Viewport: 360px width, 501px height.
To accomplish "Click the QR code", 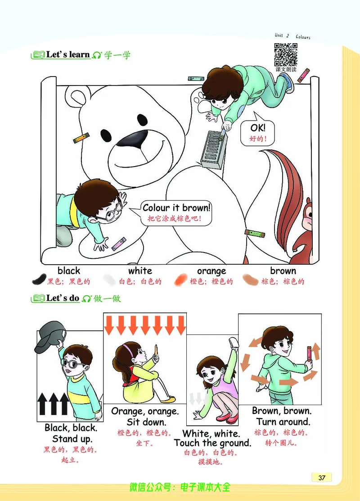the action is click(x=286, y=54).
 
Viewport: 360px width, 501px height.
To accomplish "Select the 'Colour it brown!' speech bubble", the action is click(x=175, y=213).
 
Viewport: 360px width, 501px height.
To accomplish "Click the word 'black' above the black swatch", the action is click(x=69, y=271).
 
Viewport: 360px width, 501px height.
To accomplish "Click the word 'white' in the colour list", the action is click(x=140, y=271).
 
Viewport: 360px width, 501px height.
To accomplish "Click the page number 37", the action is click(x=322, y=477).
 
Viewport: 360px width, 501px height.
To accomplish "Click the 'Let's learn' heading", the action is click(x=67, y=54).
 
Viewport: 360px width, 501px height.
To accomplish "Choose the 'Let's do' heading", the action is click(x=63, y=298).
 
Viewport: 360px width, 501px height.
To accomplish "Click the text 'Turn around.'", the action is click(x=283, y=422).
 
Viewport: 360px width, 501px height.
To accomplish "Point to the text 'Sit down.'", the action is click(x=146, y=422).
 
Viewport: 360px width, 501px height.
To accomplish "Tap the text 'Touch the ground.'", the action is click(x=213, y=443).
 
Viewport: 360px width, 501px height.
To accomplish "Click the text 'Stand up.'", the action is click(x=72, y=439).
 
